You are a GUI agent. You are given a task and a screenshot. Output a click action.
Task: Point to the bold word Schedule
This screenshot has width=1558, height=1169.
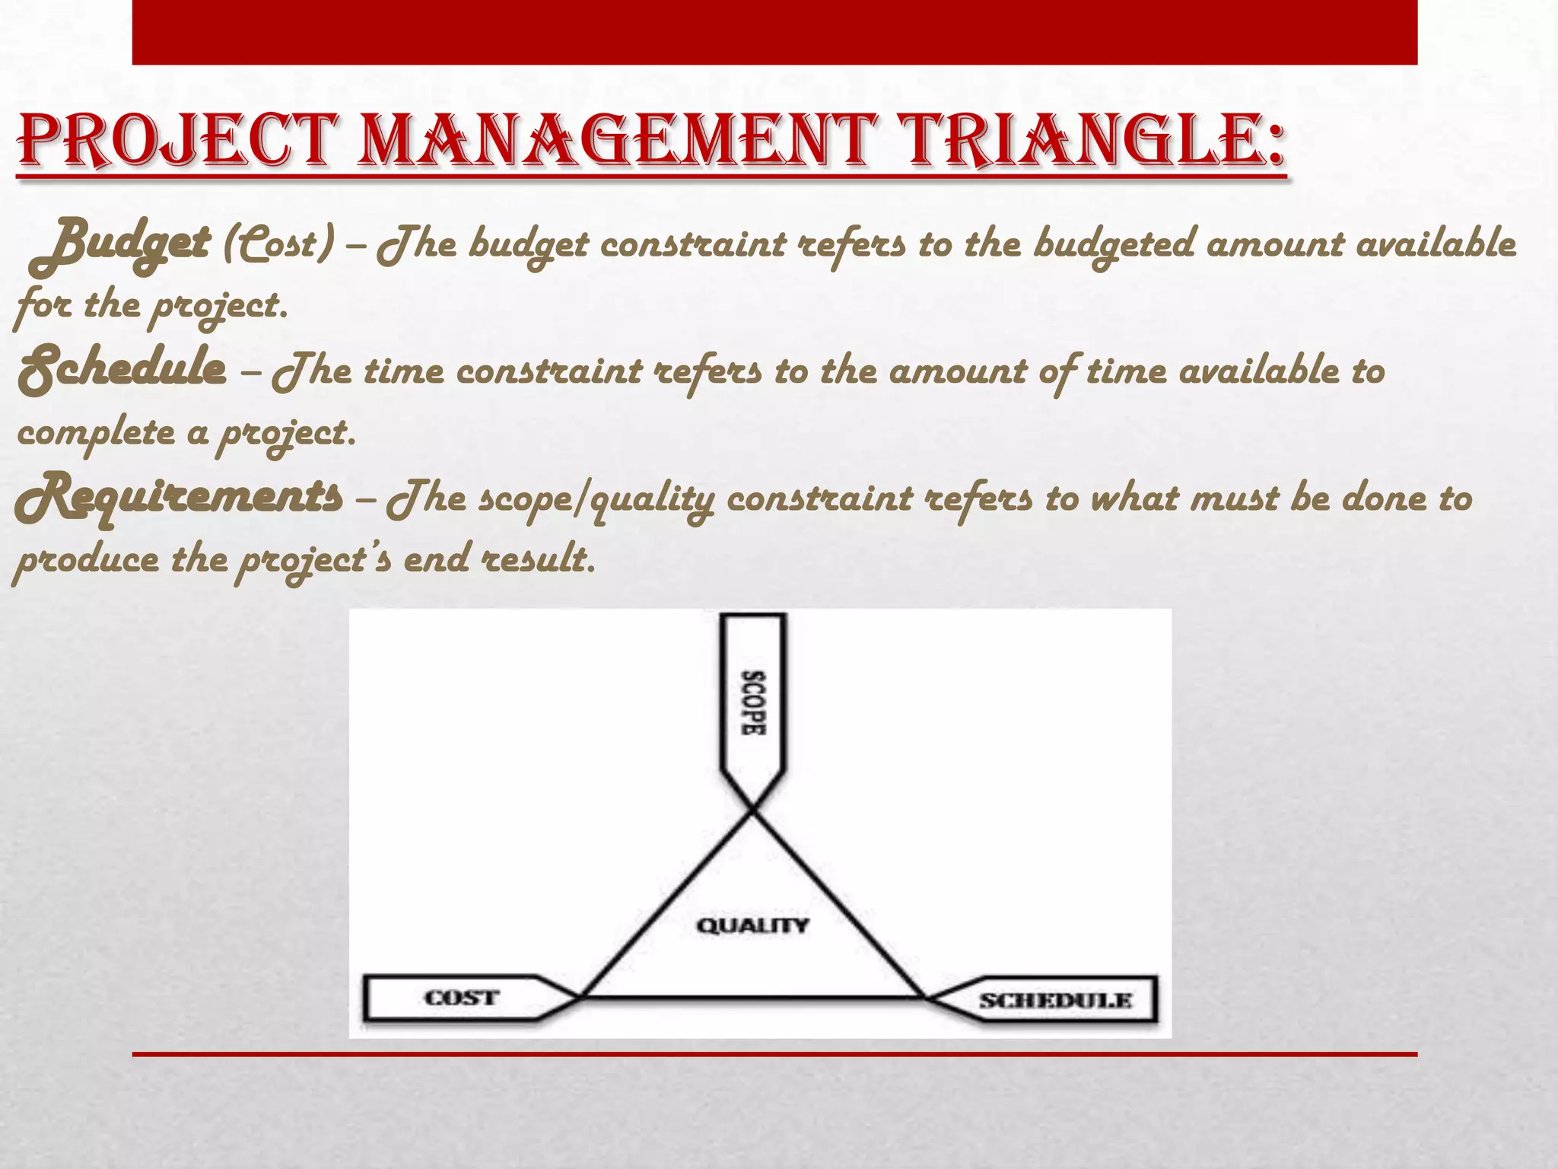point(122,371)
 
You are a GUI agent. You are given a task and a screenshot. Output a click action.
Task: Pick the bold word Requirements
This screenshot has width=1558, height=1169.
point(180,497)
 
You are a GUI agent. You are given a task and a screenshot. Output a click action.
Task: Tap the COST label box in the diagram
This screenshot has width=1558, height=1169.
point(461,998)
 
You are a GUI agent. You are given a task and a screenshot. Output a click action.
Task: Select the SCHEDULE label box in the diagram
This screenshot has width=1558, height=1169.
point(1054,1000)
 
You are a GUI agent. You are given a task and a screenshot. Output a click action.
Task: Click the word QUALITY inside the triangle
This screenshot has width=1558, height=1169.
point(752,925)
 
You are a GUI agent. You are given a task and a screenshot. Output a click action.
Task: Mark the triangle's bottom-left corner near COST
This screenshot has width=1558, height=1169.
point(581,996)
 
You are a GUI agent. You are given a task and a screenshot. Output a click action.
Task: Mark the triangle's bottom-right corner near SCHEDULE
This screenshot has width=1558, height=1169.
point(926,996)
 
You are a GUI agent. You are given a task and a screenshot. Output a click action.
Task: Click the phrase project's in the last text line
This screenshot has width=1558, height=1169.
point(316,562)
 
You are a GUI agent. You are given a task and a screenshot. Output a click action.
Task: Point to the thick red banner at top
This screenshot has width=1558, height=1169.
point(774,32)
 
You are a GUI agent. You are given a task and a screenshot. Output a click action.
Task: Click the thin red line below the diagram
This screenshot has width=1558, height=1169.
point(774,1054)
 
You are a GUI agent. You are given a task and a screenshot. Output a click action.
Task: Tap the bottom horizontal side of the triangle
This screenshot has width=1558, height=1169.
point(753,996)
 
